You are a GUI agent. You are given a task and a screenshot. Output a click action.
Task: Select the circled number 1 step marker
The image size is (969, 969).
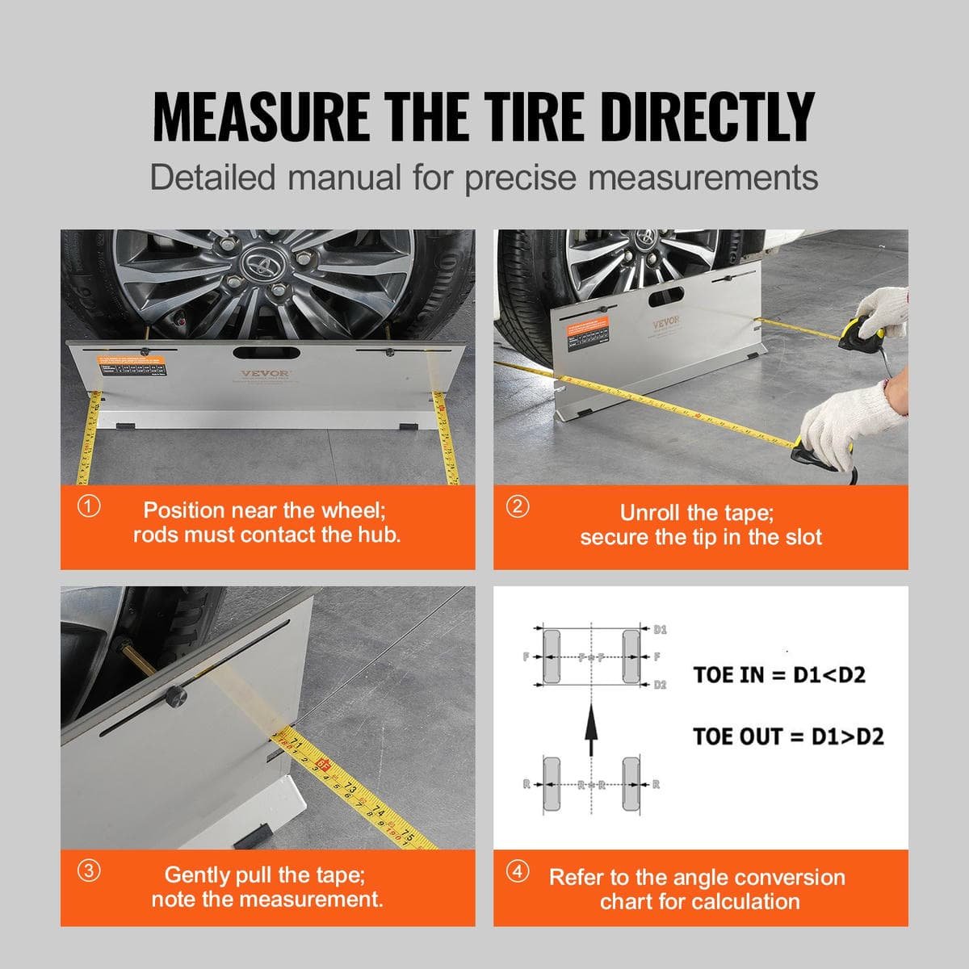point(89,507)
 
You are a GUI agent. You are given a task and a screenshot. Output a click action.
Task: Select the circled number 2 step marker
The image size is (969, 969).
point(517,507)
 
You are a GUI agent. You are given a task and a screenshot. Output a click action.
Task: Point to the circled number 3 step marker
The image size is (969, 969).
point(89,871)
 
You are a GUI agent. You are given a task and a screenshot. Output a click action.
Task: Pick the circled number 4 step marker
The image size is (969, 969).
point(518,872)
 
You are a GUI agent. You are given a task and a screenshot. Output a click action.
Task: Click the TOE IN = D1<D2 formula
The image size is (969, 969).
point(779,674)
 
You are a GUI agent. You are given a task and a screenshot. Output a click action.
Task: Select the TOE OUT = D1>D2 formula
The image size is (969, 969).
point(788,736)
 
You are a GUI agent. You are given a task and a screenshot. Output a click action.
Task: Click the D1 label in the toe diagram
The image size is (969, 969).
point(660,628)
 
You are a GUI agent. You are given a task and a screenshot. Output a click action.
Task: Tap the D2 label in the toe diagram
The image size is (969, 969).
point(660,685)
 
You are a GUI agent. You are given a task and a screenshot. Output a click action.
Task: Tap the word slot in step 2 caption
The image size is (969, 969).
point(799,537)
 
